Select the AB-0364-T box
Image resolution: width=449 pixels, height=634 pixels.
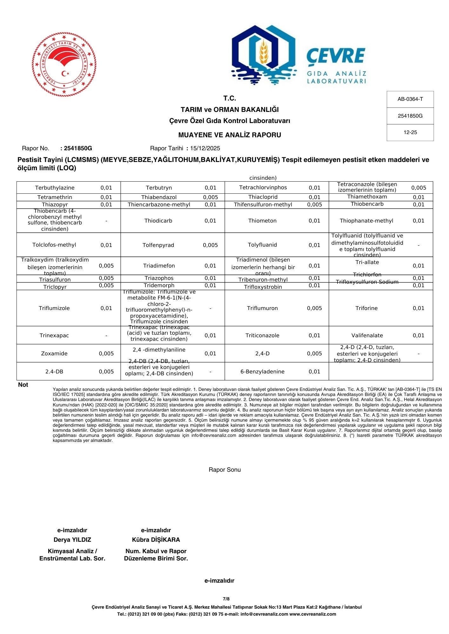click(410, 99)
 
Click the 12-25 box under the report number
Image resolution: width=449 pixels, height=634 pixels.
click(410, 133)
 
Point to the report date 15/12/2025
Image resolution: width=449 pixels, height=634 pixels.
click(205, 148)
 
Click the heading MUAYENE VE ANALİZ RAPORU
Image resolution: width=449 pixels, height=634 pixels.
click(230, 135)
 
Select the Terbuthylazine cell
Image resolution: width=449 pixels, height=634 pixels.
click(55, 188)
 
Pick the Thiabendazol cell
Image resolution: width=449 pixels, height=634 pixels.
click(159, 197)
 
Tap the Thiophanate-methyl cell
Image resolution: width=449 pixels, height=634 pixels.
click(366, 221)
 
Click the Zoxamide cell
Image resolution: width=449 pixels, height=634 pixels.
click(54, 353)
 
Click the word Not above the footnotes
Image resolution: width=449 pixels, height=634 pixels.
click(23, 385)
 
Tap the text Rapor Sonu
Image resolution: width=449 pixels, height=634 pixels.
click(224, 470)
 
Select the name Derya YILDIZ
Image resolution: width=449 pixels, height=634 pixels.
click(72, 540)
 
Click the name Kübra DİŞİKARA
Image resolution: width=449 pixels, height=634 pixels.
click(156, 540)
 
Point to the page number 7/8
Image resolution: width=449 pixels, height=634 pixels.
click(226, 599)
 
